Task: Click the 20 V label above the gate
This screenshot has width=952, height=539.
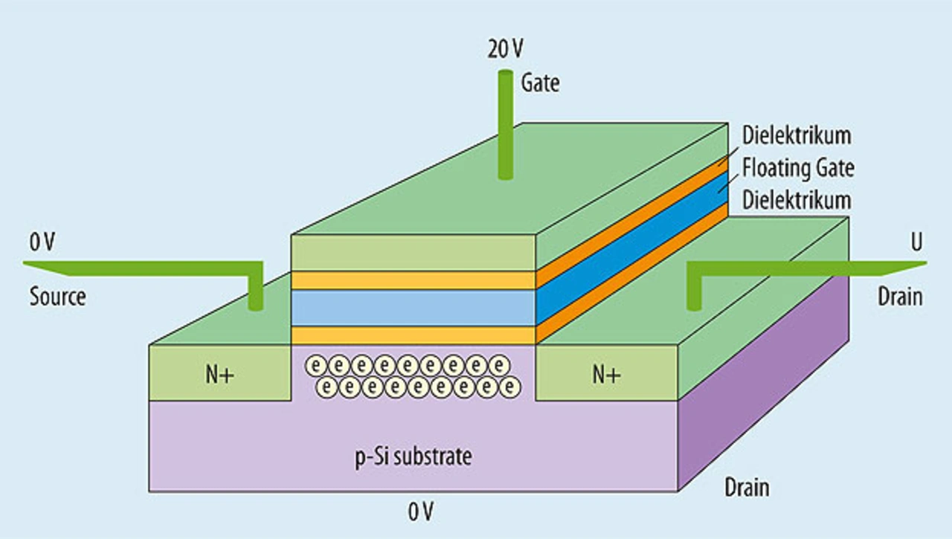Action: [x=505, y=49]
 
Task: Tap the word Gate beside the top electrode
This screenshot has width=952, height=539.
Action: [x=540, y=83]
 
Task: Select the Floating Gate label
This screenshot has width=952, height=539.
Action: [x=798, y=168]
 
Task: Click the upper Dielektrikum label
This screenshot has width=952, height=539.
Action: [x=797, y=135]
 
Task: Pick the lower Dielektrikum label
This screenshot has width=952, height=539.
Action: [x=797, y=200]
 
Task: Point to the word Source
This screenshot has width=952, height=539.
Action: [x=58, y=296]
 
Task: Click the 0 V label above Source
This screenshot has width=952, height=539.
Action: [x=42, y=242]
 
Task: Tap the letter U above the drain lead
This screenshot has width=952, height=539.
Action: [x=917, y=242]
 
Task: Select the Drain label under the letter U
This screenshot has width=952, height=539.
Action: [x=900, y=297]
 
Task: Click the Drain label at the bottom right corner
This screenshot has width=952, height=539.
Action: [x=747, y=487]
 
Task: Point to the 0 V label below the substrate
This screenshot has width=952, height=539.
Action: [x=421, y=511]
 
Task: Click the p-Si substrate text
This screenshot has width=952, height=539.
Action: [x=414, y=457]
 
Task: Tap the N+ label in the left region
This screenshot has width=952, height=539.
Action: [x=219, y=375]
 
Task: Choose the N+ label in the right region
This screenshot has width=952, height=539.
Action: [x=606, y=375]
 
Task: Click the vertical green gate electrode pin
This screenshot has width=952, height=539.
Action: [x=505, y=124]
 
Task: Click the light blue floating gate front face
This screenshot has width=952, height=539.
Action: [x=413, y=308]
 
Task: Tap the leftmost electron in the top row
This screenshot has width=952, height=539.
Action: [x=316, y=365]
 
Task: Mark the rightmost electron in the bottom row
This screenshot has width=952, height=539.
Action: [x=509, y=387]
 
